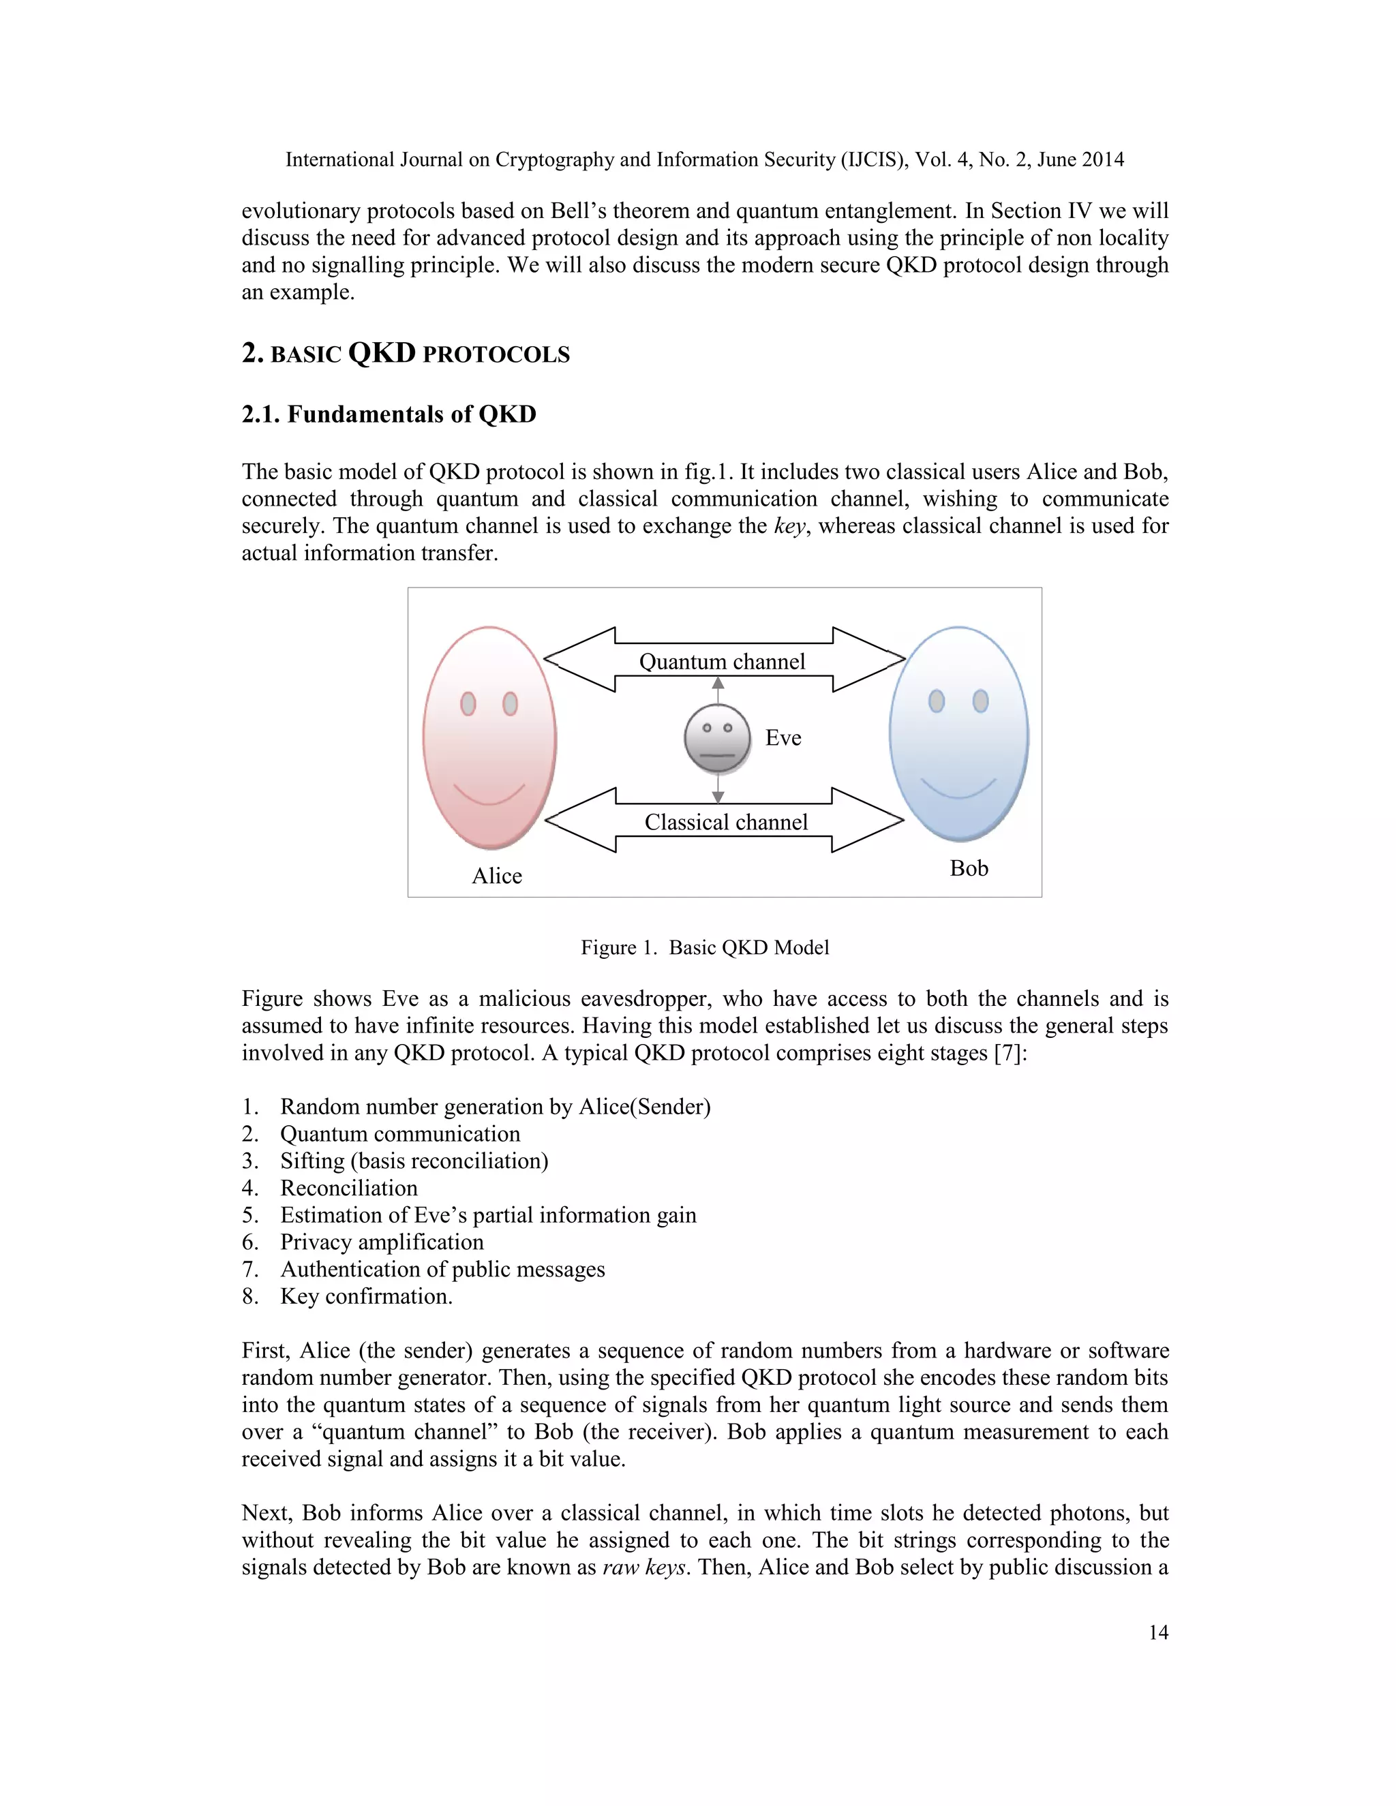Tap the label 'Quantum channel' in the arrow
tap(722, 662)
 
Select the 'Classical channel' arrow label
tap(726, 822)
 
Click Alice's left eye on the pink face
tap(468, 704)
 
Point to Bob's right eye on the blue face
tap(980, 701)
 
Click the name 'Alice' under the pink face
tap(497, 876)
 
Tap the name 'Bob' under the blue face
tap(969, 868)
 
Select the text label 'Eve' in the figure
tap(783, 737)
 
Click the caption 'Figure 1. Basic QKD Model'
tap(705, 948)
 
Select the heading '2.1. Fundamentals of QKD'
tap(389, 414)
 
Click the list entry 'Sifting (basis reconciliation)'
tap(414, 1161)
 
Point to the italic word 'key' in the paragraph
tap(789, 527)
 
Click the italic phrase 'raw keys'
tap(644, 1567)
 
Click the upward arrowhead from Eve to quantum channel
tap(718, 684)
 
